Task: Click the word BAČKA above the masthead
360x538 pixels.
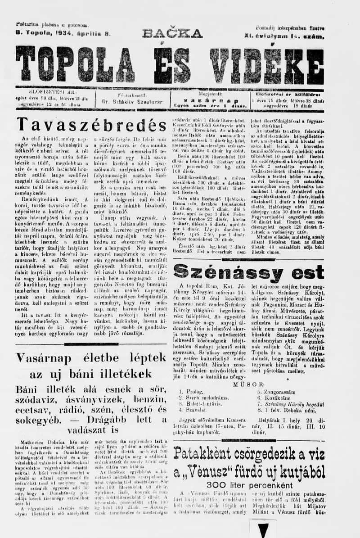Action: [x=172, y=33]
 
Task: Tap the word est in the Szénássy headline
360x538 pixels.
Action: [x=307, y=272]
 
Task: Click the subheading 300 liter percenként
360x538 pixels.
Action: [x=248, y=484]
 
